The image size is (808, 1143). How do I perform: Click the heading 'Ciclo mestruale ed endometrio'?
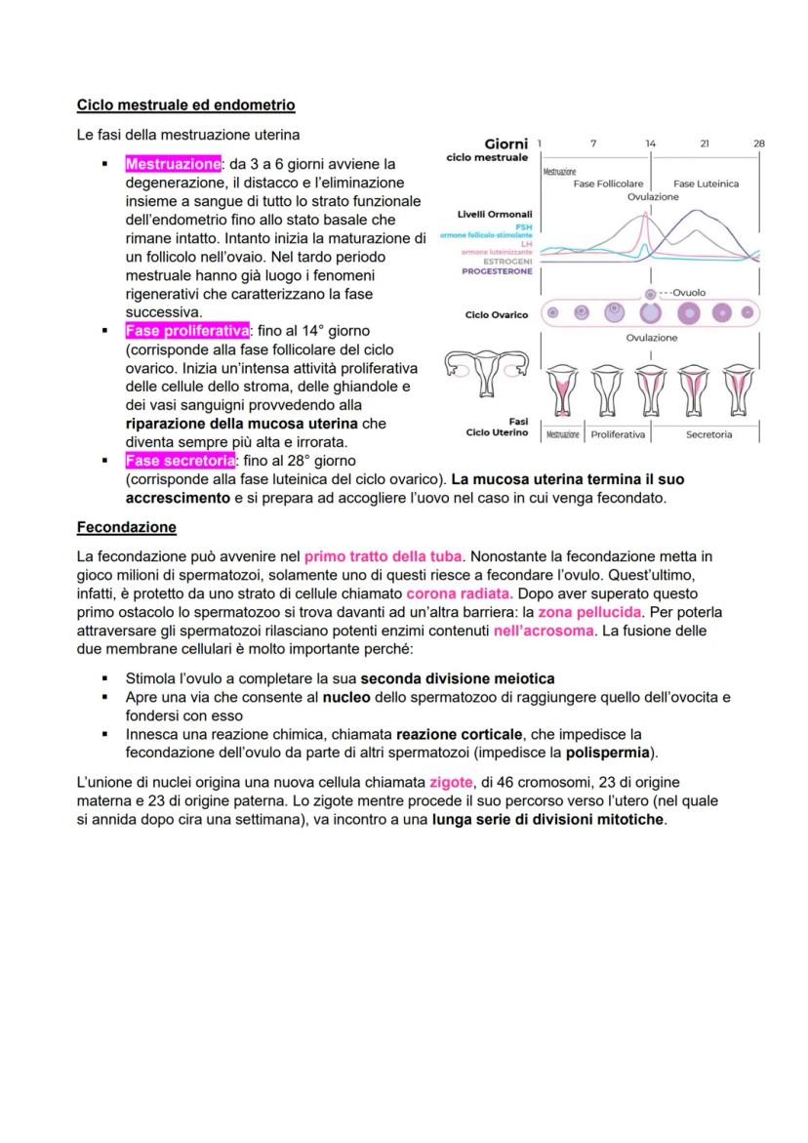tap(185, 104)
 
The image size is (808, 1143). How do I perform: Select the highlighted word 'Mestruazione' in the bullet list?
tap(174, 164)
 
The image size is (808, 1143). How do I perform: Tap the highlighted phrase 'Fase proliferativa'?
tap(187, 331)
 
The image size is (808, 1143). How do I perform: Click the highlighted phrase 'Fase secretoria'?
tap(180, 460)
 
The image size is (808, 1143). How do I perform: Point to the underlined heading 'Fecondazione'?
tap(127, 528)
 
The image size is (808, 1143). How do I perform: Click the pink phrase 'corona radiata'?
tap(461, 593)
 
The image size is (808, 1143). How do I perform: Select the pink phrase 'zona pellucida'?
tap(590, 612)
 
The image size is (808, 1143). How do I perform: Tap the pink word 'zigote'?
tap(448, 783)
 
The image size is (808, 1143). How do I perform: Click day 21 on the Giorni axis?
tap(705, 143)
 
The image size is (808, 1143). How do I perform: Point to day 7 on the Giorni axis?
tap(594, 143)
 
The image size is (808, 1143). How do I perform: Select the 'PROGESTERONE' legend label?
tap(498, 271)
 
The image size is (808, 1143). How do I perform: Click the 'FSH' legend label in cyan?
tap(524, 226)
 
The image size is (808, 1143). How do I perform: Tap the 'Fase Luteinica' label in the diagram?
tap(706, 184)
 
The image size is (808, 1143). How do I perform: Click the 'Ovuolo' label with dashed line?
tap(688, 293)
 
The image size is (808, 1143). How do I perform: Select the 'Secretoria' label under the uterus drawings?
tap(708, 434)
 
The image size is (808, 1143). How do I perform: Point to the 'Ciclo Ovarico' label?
tap(497, 315)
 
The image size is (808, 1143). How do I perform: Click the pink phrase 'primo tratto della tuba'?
tap(384, 556)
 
